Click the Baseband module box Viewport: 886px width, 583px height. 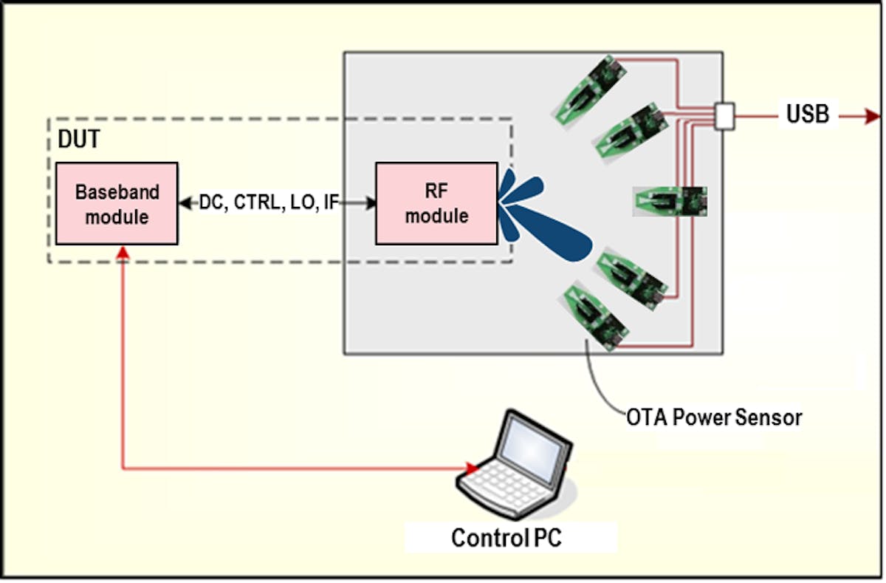point(117,203)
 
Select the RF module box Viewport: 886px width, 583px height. point(436,203)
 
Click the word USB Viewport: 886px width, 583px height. point(807,115)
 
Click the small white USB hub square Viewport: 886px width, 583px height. point(724,116)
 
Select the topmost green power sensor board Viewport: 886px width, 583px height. point(591,88)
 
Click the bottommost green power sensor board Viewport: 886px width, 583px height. point(595,316)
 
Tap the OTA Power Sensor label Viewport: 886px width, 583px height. point(714,417)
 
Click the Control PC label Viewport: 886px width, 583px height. point(506,537)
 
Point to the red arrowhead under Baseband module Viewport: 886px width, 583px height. point(123,253)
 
